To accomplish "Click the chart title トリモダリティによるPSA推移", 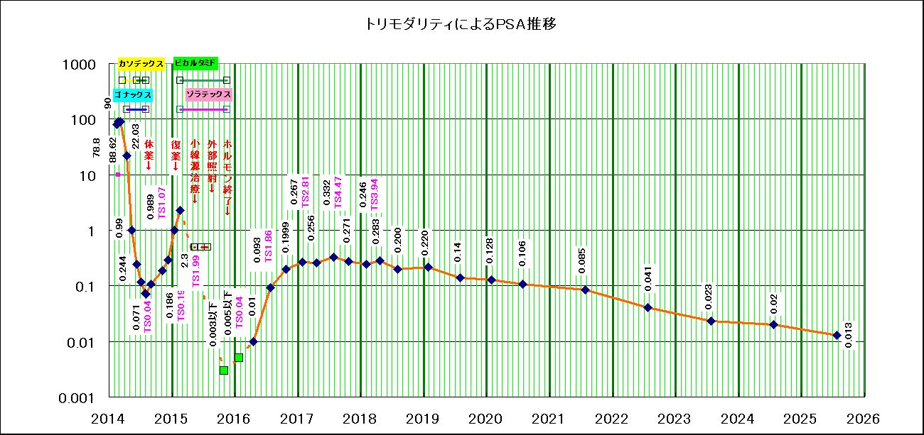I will coord(460,24).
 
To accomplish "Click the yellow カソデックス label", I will coord(141,64).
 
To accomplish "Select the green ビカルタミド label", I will coord(195,63).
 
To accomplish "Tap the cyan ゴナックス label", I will coord(131,94).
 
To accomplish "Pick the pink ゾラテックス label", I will coord(208,94).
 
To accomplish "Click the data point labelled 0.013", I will coord(837,335).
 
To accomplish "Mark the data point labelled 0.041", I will coord(648,307).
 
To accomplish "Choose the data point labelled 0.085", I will coord(586,290).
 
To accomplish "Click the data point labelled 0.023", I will coord(711,321).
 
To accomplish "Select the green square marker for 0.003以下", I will coord(224,370).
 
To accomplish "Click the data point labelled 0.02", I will coord(774,324).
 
